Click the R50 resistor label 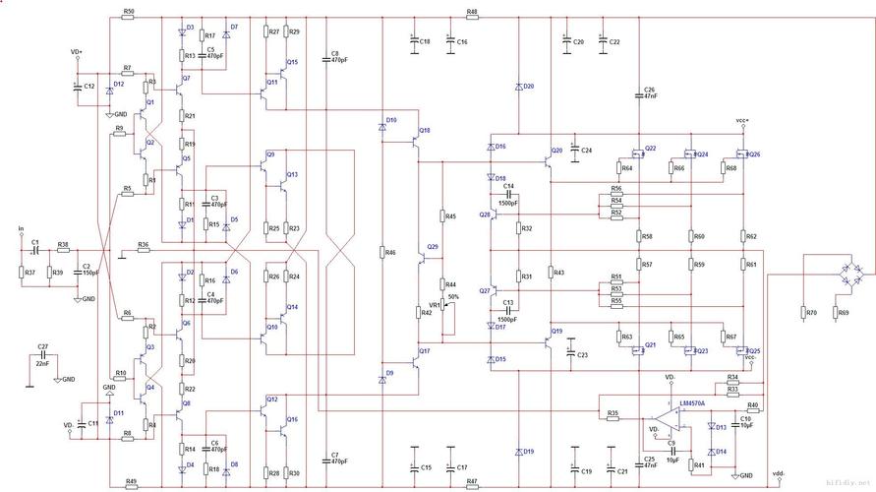coord(130,11)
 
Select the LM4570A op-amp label coord(692,403)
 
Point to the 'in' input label coord(21,230)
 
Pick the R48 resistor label coord(472,11)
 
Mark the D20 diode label coord(529,87)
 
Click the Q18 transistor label coord(424,131)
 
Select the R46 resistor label coord(390,253)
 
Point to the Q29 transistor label coord(434,247)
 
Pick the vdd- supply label coord(779,471)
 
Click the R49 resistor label coord(131,481)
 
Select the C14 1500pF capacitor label coord(509,189)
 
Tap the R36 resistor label coord(144,244)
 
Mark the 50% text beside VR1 coord(453,296)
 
